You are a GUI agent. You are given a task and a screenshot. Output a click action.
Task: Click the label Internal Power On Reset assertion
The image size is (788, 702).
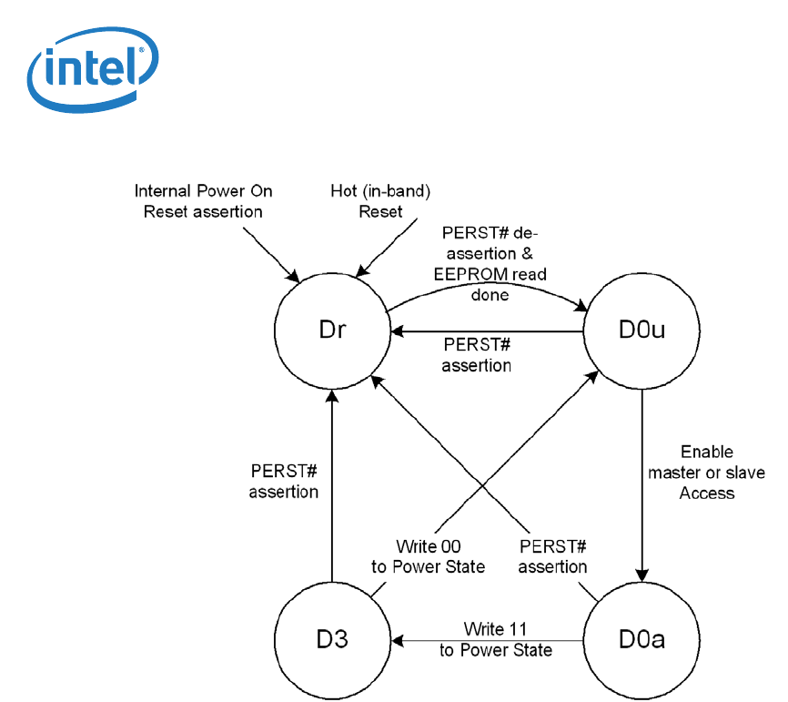(203, 201)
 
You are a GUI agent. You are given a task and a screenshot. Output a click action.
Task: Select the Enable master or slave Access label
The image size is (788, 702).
(706, 472)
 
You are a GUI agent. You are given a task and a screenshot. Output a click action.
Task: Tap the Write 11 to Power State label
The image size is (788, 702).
(495, 639)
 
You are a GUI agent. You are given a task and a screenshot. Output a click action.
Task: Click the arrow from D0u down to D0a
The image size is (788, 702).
(642, 483)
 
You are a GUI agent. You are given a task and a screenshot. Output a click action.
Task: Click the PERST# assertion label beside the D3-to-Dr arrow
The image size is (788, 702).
(284, 482)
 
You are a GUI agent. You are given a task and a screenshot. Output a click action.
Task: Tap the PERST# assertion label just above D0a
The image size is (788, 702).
(552, 556)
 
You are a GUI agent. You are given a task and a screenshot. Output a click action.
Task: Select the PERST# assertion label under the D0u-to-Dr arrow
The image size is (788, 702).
(476, 355)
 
